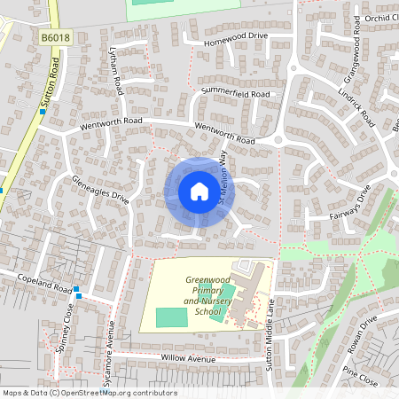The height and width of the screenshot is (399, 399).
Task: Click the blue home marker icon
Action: tap(199, 192)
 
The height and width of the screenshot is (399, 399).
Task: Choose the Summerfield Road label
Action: tap(235, 93)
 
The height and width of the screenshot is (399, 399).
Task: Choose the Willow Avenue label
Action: tap(188, 359)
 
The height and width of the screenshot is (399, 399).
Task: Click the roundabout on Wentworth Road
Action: tap(281, 139)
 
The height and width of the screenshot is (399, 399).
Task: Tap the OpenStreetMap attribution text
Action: tap(90, 393)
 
